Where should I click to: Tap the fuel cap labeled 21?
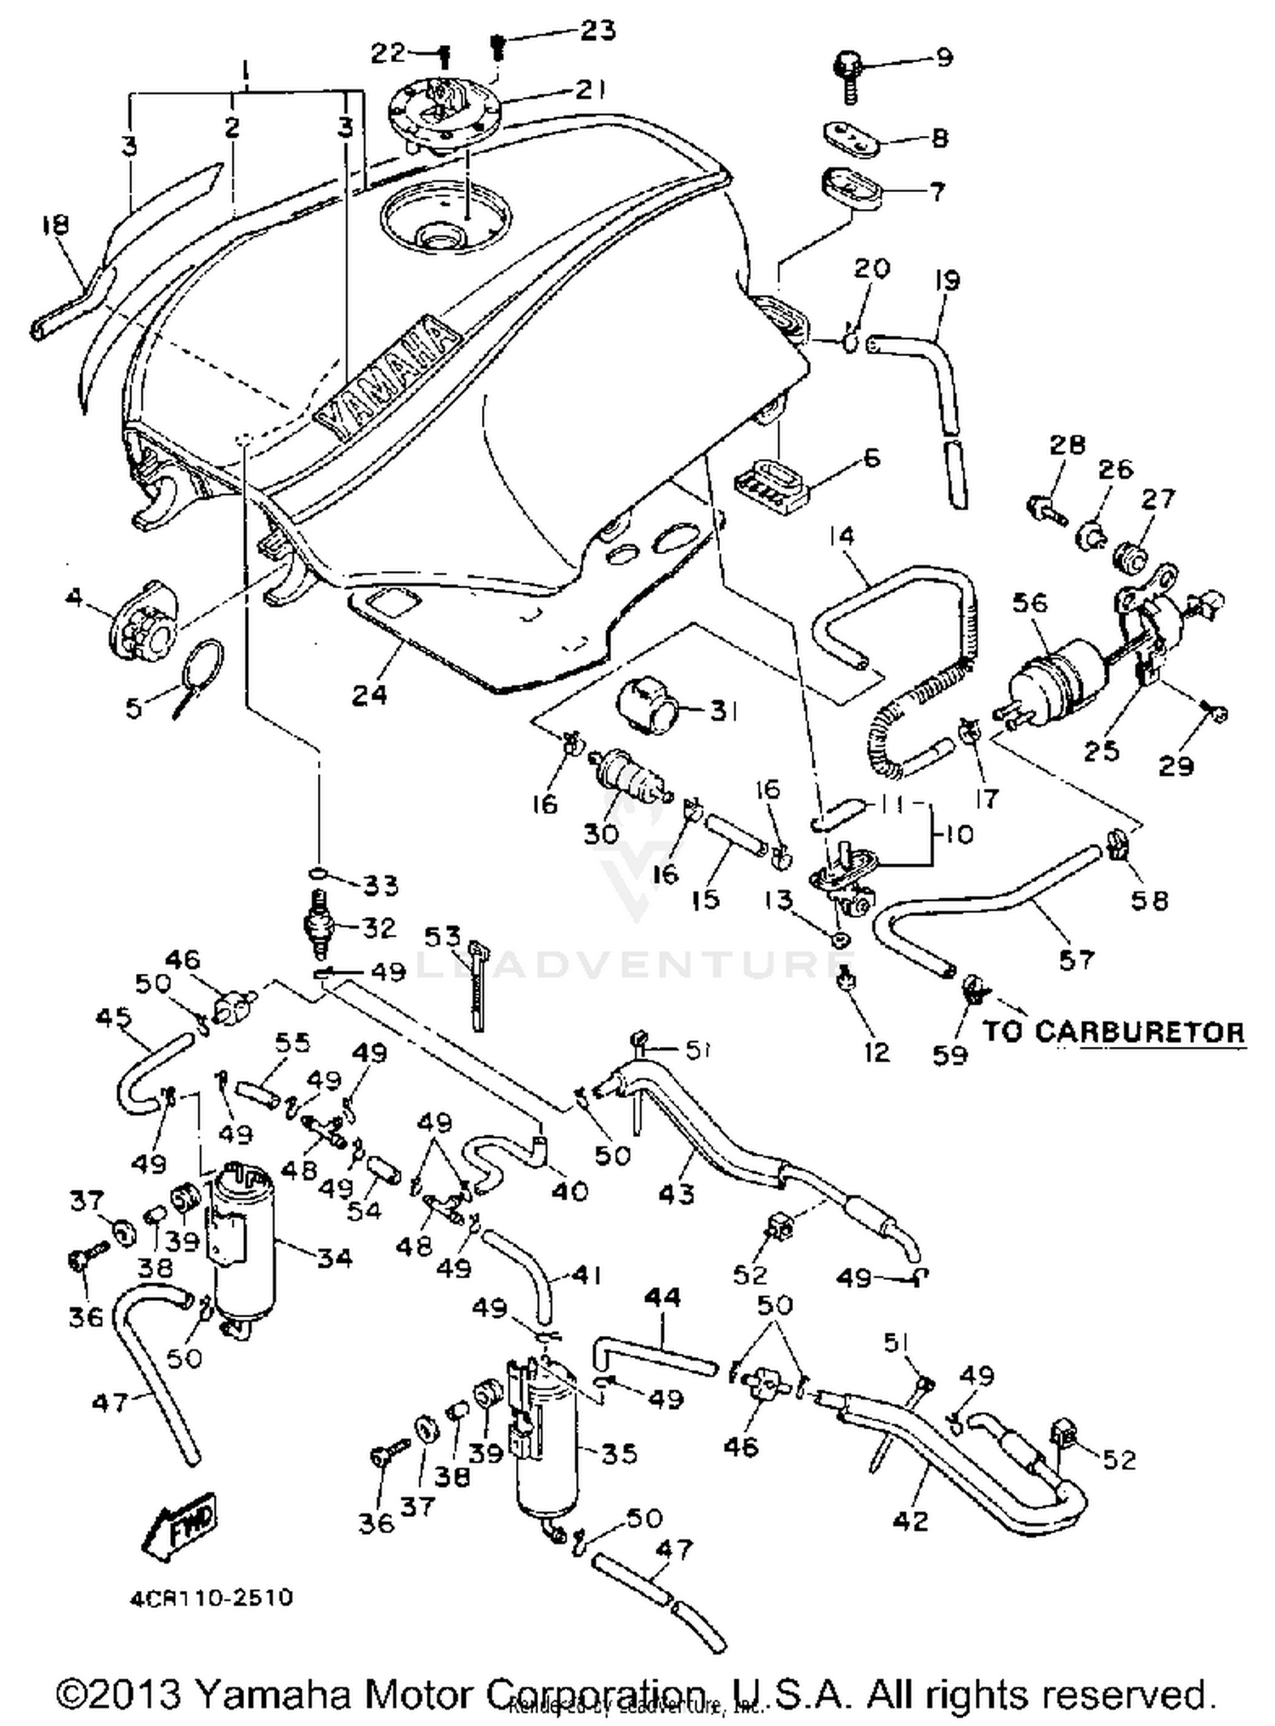tap(443, 117)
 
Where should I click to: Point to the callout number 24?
tap(370, 694)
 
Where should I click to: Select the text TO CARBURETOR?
tap(1113, 1031)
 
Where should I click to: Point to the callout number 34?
tap(333, 1257)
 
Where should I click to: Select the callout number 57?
tap(1076, 959)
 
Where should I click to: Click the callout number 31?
tap(723, 710)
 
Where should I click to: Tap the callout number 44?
tap(662, 1298)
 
